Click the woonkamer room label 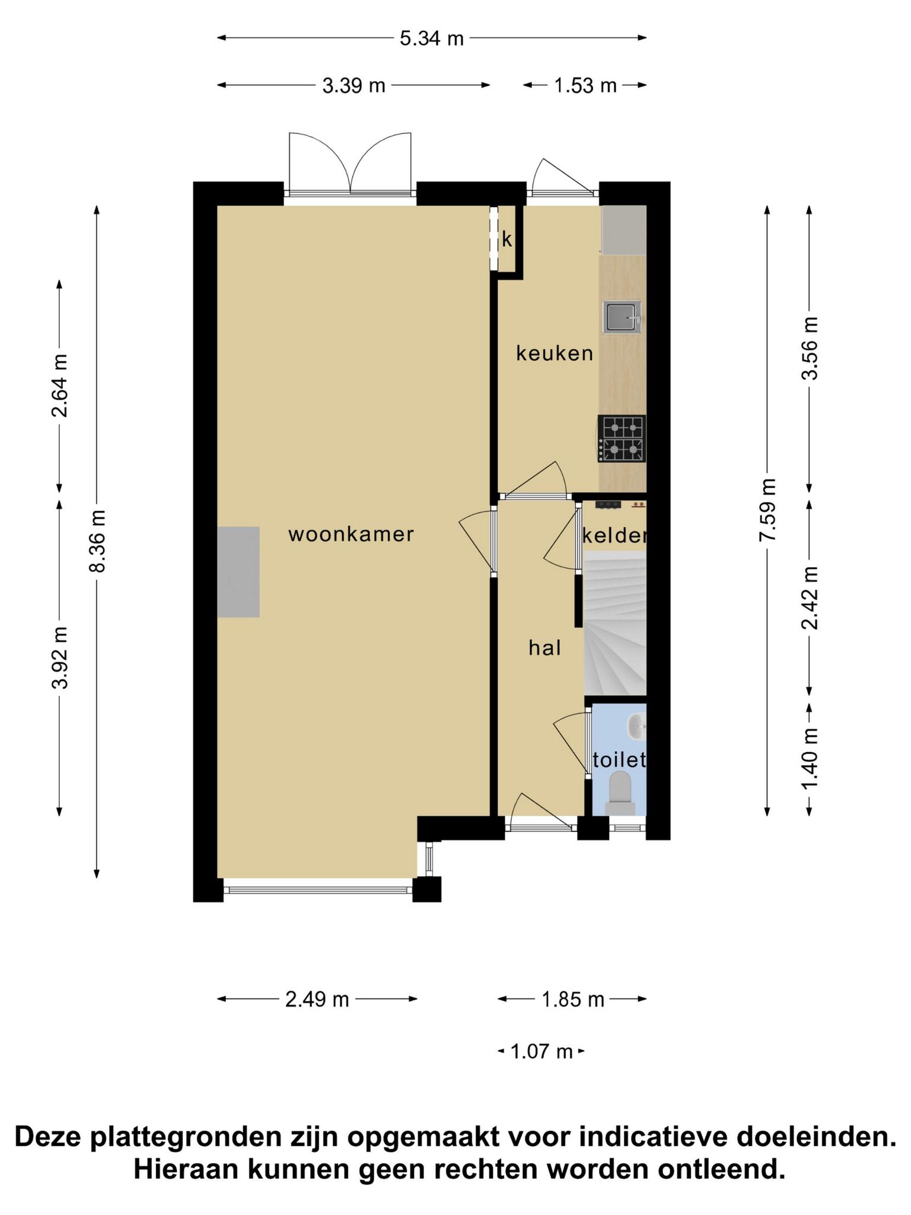tap(351, 535)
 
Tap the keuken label tap(555, 354)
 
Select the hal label tap(545, 648)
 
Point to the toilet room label tap(619, 760)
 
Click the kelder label tap(614, 536)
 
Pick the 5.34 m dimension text tap(431, 39)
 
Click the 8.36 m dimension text tap(97, 541)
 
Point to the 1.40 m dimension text tap(810, 759)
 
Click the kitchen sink tap(622, 317)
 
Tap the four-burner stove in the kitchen tap(622, 439)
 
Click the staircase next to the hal tap(615, 623)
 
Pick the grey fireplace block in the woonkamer tap(238, 572)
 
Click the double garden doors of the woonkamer tap(350, 164)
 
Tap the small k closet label tap(507, 240)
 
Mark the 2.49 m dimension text tap(317, 1000)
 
